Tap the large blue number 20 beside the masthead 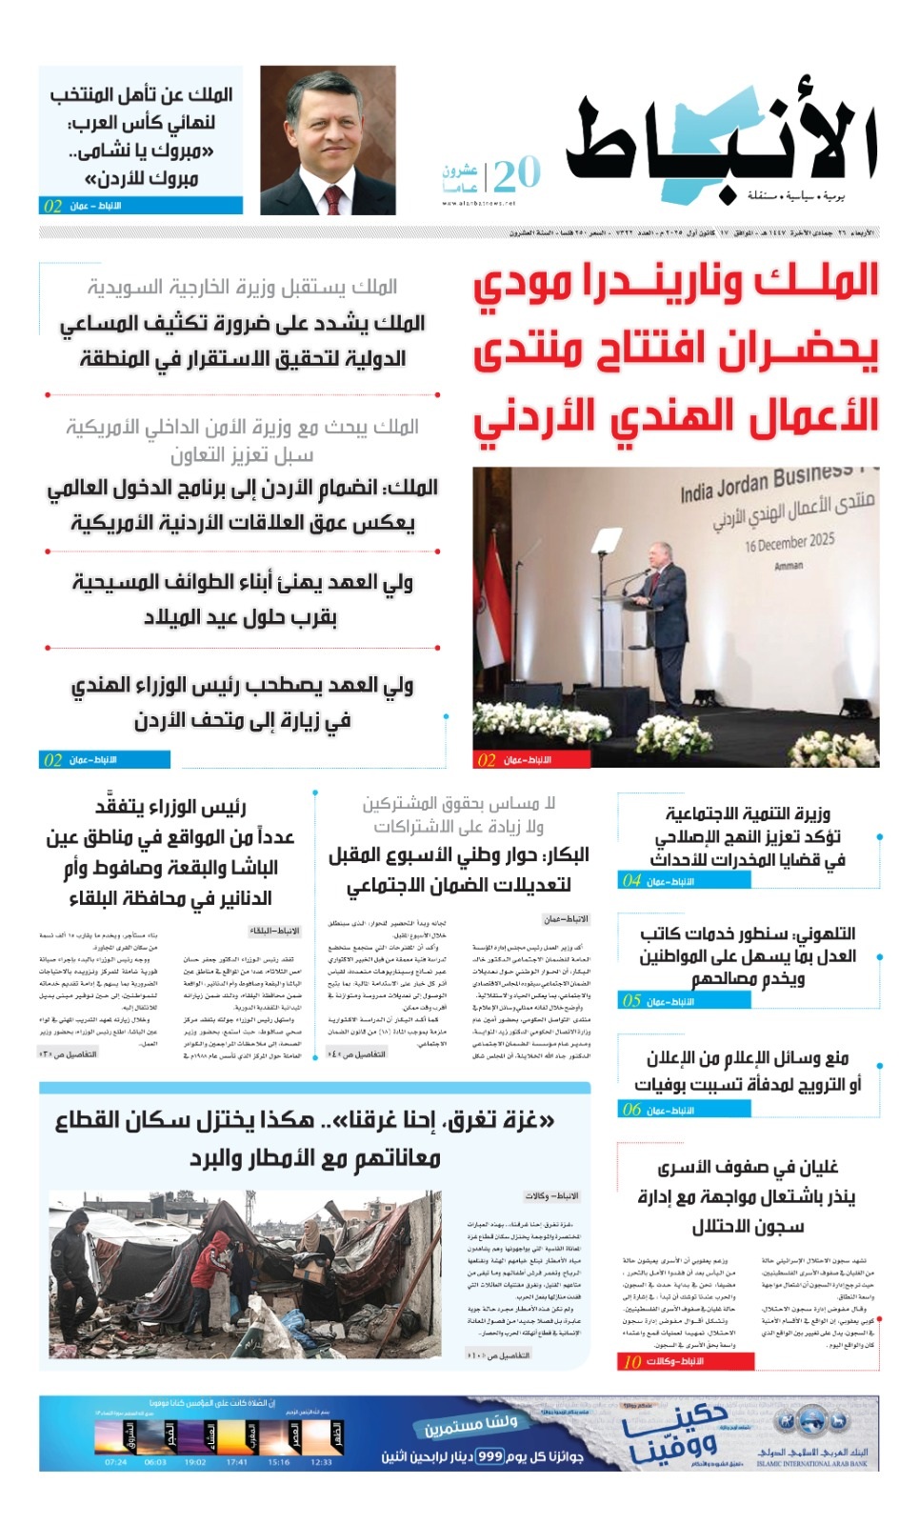(517, 174)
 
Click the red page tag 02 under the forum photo (487, 760)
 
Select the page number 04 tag (632, 881)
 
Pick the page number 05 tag (632, 1001)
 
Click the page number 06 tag (632, 1110)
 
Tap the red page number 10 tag (632, 1361)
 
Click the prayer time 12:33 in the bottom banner (321, 1462)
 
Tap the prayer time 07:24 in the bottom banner (115, 1462)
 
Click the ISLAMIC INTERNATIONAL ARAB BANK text (812, 1464)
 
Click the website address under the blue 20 (479, 203)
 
